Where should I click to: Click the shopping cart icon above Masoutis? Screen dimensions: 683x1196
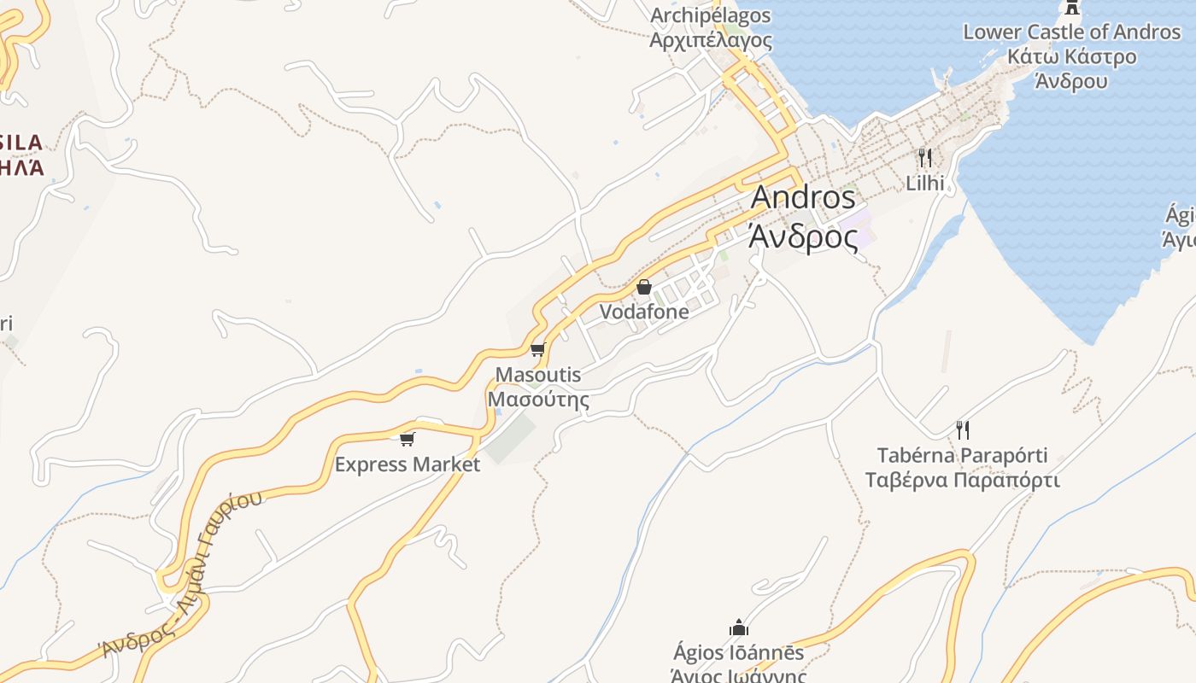coord(537,349)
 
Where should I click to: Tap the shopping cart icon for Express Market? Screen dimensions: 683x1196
coord(407,439)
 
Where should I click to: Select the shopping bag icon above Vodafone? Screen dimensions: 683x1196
coord(644,287)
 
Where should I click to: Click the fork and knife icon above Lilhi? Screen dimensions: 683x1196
coord(924,157)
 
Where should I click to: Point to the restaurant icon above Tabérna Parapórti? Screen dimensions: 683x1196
coord(963,429)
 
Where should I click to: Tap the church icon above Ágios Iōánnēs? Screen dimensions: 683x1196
coord(739,628)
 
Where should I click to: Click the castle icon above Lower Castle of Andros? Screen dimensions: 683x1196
coord(1070,8)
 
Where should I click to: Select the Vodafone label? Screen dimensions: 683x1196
coord(644,312)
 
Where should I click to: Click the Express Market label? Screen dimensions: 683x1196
coord(407,464)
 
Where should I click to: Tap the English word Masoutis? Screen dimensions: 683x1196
coord(538,375)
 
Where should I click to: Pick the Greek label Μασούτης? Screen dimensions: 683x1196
coord(538,399)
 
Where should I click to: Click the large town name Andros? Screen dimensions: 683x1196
coord(803,197)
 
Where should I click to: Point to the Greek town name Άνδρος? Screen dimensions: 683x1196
coord(803,236)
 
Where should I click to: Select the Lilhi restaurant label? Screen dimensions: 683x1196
coord(925,183)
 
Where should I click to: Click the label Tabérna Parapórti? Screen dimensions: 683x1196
coord(963,455)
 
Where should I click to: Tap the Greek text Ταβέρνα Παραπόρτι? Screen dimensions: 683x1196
coord(963,480)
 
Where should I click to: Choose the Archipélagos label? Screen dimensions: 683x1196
coord(711,15)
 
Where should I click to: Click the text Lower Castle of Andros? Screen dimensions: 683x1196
coord(1071,32)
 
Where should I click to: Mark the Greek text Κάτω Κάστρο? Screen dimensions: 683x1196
coord(1071,57)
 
